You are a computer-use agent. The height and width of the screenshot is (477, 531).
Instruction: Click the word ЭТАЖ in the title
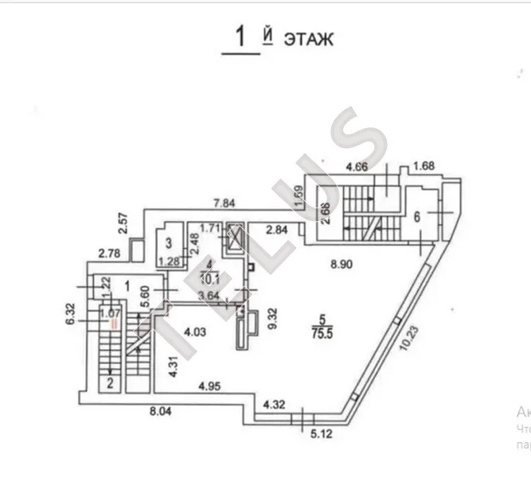pyautogui.click(x=306, y=38)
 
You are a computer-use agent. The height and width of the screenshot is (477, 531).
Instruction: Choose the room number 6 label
pyautogui.click(x=416, y=215)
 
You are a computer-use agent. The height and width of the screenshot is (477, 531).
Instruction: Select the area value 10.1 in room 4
pyautogui.click(x=209, y=277)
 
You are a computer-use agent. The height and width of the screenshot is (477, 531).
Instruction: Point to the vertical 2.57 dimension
pyautogui.click(x=123, y=223)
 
